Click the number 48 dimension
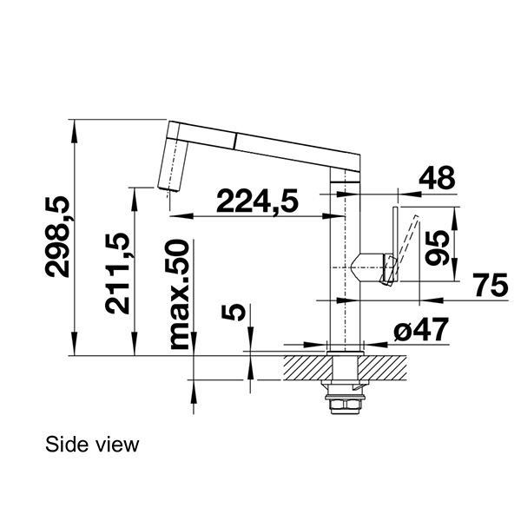(436, 178)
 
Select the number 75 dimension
(491, 286)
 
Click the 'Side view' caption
(92, 445)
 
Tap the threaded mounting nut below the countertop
(344, 402)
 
